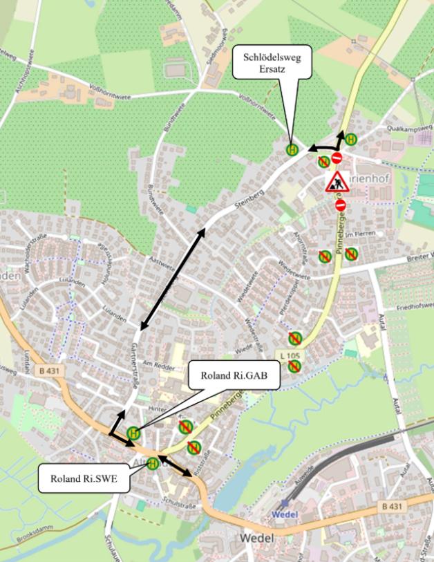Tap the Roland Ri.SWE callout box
(x=83, y=478)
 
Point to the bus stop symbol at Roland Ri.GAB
(x=134, y=433)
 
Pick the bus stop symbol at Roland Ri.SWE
(x=153, y=463)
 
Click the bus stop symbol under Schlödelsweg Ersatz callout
(x=292, y=149)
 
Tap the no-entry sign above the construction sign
(x=337, y=158)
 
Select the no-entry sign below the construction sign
(x=340, y=205)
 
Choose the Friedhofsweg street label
(x=415, y=304)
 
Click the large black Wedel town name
(x=256, y=538)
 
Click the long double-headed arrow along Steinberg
(x=173, y=279)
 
